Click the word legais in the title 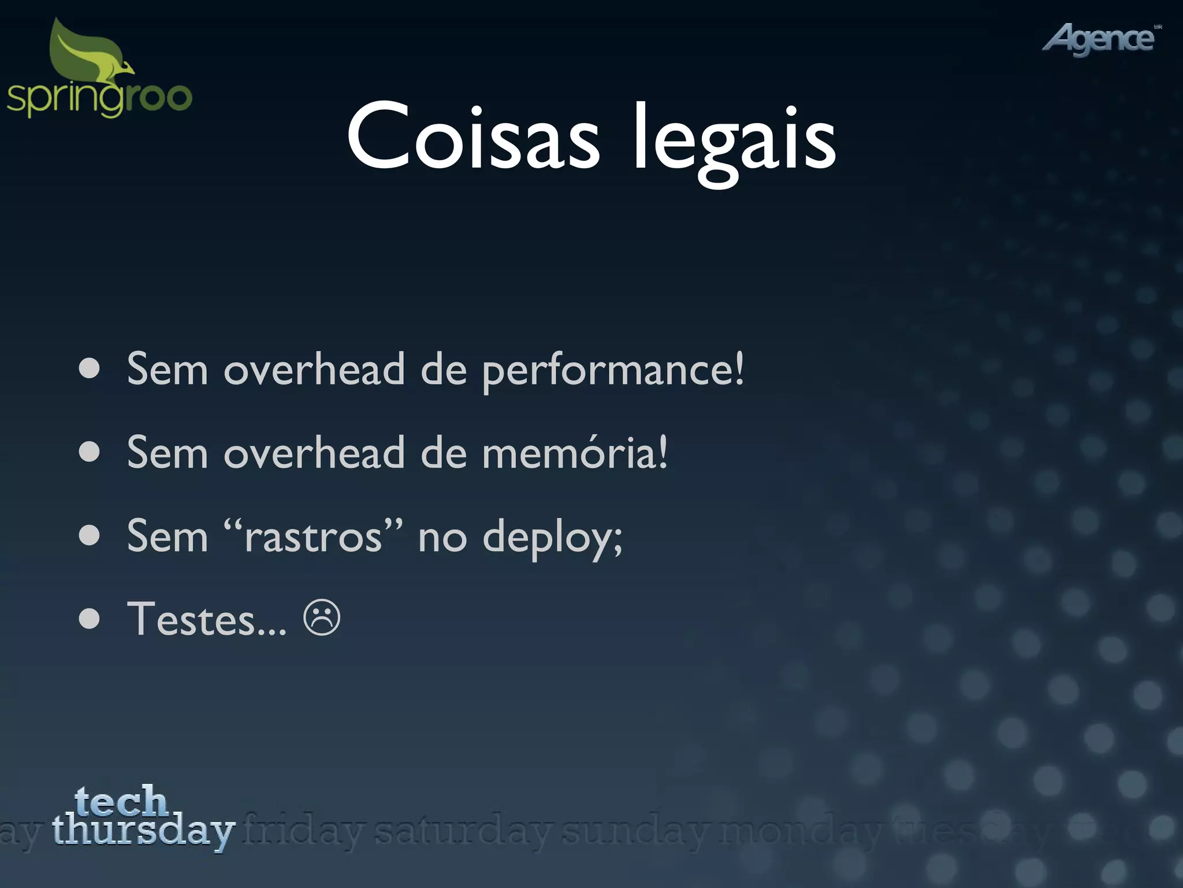[734, 139]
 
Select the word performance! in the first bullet [613, 370]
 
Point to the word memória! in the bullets [575, 453]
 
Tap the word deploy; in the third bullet [552, 538]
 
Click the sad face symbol [322, 618]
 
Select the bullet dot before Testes [90, 619]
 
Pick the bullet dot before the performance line [90, 369]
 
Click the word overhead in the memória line [314, 453]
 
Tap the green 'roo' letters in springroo [159, 97]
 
